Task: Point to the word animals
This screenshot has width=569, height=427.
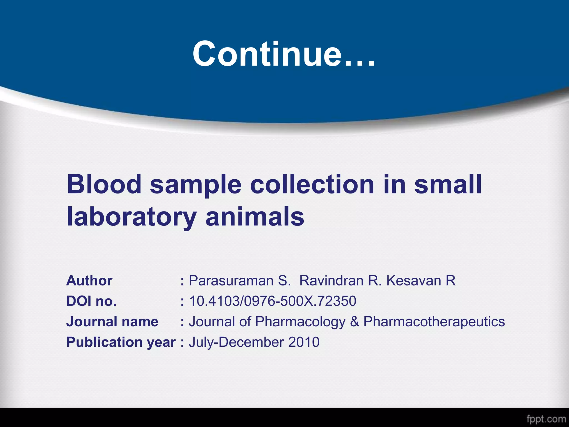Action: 255,217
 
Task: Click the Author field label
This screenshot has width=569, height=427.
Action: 89,280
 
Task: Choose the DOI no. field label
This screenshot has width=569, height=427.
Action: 91,301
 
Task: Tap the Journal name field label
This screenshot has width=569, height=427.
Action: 112,322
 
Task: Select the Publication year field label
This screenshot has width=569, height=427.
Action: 121,342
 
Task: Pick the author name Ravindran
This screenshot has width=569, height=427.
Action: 331,280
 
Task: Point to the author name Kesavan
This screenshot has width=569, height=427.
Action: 414,280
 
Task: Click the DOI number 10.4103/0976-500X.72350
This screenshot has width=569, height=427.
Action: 273,301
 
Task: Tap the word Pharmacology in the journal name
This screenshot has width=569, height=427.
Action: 300,322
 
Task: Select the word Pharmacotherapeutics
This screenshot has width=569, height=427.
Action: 434,322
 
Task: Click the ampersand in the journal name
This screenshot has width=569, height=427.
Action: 355,322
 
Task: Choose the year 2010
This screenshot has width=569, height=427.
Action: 304,342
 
